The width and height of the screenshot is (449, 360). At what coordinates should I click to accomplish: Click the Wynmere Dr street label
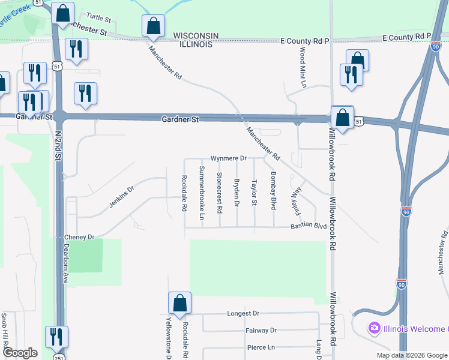coord(229,158)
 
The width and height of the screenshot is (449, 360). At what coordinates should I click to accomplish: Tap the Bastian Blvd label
coord(308,226)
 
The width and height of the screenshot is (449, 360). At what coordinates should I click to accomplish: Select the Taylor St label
coord(255,193)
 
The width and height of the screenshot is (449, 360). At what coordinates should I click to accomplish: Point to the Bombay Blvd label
coord(273,190)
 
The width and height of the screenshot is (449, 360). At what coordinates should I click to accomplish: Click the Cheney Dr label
coord(80,237)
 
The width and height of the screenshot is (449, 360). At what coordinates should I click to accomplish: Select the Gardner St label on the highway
coord(180,120)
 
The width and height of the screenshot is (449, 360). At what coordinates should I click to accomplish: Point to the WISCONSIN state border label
coord(196,36)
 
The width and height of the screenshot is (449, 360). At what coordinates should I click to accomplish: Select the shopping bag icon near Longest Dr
coord(179,303)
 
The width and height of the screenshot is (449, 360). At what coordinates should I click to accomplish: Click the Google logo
coord(20,353)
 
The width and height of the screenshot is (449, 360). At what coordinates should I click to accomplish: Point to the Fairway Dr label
coord(261,331)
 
